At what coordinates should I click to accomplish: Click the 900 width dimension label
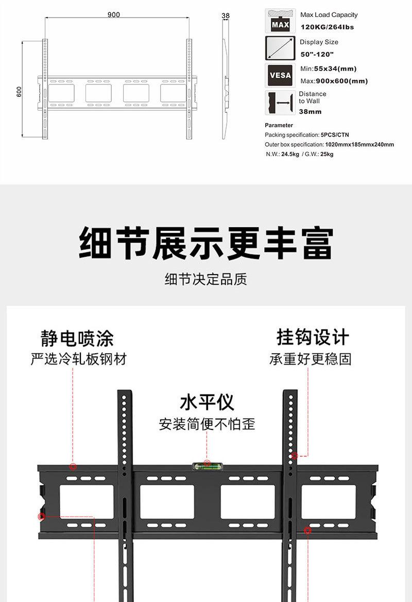click(114, 15)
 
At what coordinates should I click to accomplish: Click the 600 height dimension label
click(19, 91)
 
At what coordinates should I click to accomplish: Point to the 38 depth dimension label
click(225, 16)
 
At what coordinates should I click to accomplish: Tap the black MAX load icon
click(280, 21)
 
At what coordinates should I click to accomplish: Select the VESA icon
click(280, 75)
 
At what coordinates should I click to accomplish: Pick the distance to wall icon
click(280, 102)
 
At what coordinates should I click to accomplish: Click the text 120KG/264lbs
click(327, 27)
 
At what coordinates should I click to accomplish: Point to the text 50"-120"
click(317, 55)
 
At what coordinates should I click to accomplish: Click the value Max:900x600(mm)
click(334, 81)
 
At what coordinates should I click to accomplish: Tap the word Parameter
click(279, 125)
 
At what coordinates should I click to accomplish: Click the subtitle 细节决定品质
click(206, 279)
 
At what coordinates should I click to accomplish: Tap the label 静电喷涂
click(77, 338)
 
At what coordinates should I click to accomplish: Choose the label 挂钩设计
click(313, 337)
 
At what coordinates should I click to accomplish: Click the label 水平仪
click(207, 402)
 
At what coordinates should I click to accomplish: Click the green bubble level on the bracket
click(207, 467)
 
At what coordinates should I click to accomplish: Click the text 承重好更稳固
click(310, 359)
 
